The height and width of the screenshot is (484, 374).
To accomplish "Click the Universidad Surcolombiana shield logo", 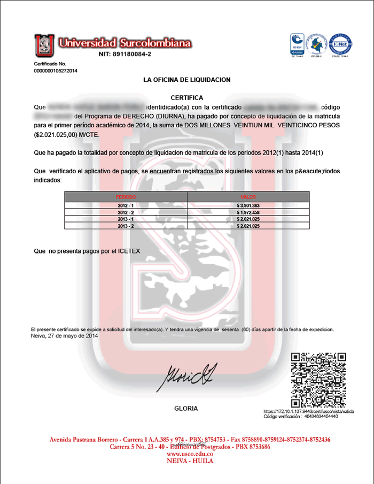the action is click(x=44, y=45).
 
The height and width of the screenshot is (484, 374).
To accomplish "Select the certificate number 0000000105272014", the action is click(x=56, y=71).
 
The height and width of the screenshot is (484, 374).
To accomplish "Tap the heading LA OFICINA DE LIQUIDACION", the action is click(x=187, y=80).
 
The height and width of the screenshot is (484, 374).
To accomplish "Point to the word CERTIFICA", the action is click(x=186, y=98).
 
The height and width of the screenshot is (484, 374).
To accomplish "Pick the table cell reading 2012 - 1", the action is click(x=126, y=205).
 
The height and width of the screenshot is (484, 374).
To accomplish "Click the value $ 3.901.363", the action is click(x=248, y=205).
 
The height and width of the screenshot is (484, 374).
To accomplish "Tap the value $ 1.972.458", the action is click(x=248, y=212).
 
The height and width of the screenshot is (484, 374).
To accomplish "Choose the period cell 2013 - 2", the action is click(x=126, y=226).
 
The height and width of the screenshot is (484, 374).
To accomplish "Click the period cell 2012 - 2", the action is click(x=126, y=212).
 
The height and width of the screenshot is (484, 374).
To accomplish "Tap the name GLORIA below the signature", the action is click(x=186, y=409).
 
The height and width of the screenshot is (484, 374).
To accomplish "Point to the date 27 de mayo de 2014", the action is click(x=73, y=336).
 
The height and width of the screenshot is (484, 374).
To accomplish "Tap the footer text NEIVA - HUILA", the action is click(x=186, y=460).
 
